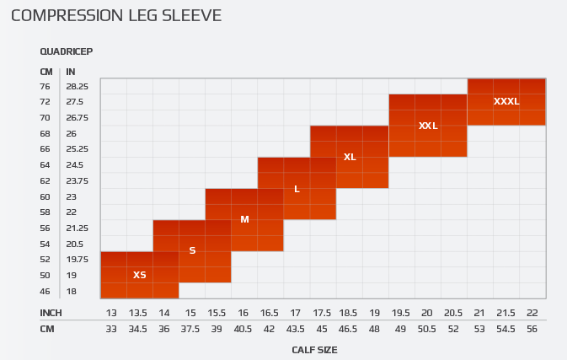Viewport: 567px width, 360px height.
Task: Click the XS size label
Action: (x=140, y=275)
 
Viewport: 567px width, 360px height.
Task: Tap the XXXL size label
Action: (x=506, y=101)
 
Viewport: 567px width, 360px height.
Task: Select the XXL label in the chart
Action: (x=428, y=126)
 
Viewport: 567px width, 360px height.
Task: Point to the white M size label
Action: (x=244, y=219)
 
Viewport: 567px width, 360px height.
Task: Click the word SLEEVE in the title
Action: (x=194, y=16)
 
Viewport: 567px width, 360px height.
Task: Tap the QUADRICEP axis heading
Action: (x=66, y=51)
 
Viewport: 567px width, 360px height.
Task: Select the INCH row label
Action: (x=52, y=313)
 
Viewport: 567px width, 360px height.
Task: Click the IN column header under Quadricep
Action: (x=71, y=72)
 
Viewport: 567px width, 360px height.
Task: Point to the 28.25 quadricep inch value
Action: (x=78, y=86)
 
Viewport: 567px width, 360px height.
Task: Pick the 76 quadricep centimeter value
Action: (x=45, y=86)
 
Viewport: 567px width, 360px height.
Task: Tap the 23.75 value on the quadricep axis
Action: (x=78, y=180)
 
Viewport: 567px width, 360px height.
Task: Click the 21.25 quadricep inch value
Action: (x=78, y=228)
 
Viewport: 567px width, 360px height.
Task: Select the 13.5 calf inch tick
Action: (x=138, y=313)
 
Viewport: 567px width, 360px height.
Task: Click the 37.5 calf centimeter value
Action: (x=190, y=329)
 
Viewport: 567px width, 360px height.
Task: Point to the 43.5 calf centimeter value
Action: (x=296, y=329)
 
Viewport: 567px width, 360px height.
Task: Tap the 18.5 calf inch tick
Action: (x=348, y=313)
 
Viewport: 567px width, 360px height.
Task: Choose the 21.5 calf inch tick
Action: (x=505, y=313)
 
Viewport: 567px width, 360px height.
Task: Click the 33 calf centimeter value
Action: (x=111, y=329)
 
